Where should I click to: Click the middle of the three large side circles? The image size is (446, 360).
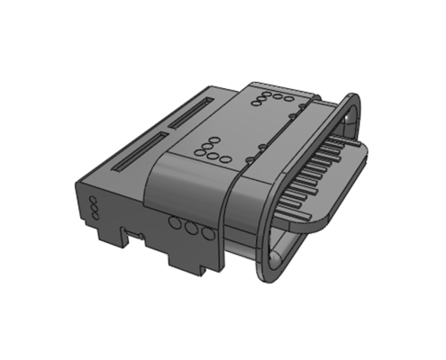(x=192, y=229)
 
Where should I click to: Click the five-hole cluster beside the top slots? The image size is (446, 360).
(x=213, y=149)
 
